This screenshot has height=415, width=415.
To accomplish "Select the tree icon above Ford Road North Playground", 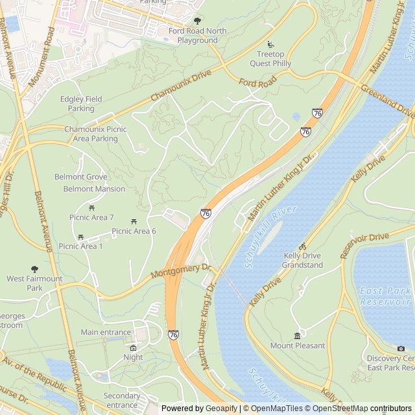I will point(197,21).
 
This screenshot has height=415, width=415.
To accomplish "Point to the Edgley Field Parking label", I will point(81,104).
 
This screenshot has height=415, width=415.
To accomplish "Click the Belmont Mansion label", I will point(94,189).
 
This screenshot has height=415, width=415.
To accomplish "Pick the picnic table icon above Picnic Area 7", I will point(92,207).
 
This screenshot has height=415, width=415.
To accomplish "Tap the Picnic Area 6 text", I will point(134,231).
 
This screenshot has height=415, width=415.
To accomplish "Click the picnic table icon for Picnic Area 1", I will point(81,237).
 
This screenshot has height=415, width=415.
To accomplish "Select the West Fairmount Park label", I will point(34,283).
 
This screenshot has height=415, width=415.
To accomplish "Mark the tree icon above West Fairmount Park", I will point(34,269).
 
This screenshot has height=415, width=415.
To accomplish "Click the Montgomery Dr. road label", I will point(182,270).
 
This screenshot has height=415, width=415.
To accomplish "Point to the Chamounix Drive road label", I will point(182,86).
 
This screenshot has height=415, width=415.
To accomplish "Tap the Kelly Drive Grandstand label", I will point(303,260).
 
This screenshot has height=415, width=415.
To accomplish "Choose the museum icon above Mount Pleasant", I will point(297,336).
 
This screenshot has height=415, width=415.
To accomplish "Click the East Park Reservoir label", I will point(385,296).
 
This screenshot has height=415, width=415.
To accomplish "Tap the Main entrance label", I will point(106,332).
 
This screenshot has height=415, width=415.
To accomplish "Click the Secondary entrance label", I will point(121,400).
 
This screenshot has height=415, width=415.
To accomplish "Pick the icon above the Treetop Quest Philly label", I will point(270,45).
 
